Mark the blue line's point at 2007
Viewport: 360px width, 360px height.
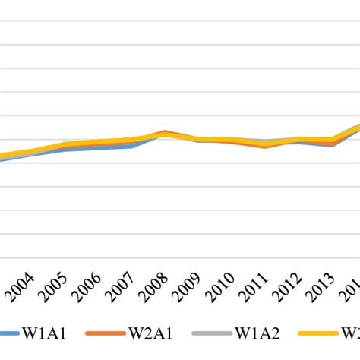[133, 146]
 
